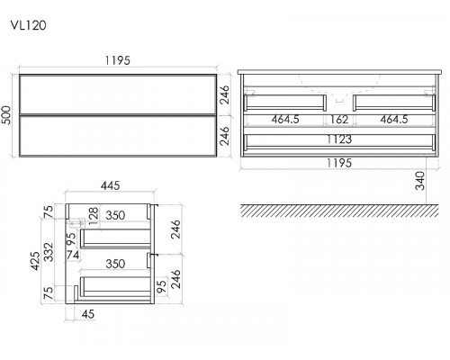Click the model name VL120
pos(29,25)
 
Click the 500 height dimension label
pos(6,115)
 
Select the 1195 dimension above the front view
pos(117,60)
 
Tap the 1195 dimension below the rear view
pos(338,163)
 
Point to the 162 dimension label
pos(339,120)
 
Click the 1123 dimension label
pos(339,139)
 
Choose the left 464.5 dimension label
pos(285,120)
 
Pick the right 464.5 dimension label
pos(394,120)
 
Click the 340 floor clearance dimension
pos(420,181)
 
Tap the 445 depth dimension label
pos(110,185)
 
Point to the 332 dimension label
pos(49,252)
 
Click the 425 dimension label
pos(35,261)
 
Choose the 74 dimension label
pos(73,255)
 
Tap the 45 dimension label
pos(88,314)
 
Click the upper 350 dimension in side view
pos(115,215)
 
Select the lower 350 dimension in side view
pos(115,264)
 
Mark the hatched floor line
pos(339,211)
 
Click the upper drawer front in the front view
pos(118,94)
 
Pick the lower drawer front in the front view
pos(118,136)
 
